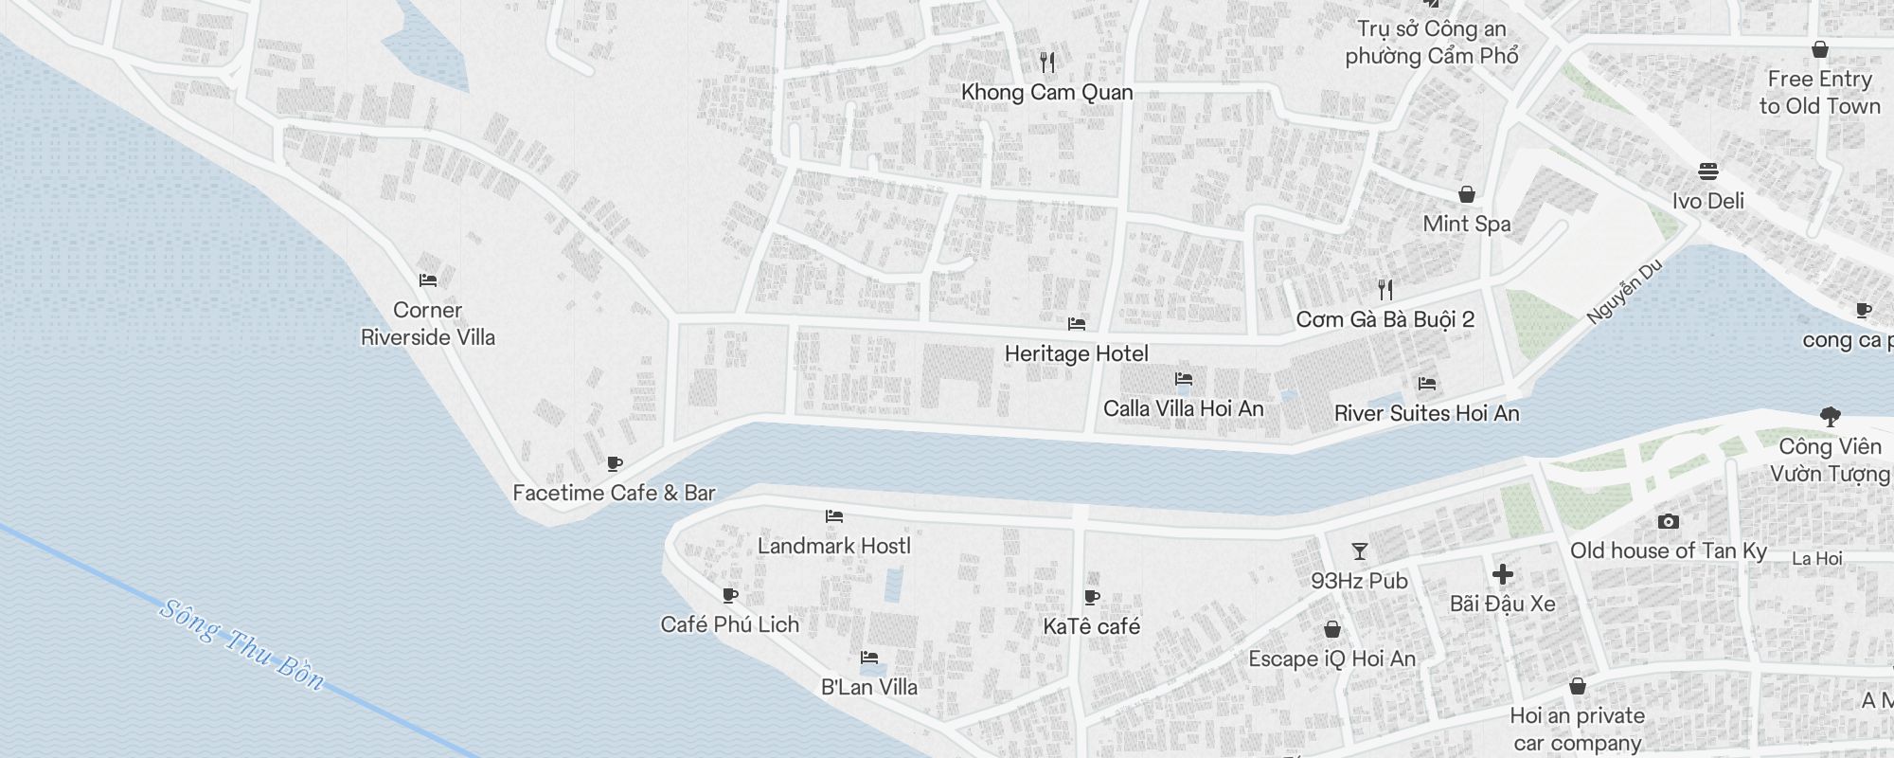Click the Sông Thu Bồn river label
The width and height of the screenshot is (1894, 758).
242,645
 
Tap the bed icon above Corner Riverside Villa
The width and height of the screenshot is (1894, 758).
428,280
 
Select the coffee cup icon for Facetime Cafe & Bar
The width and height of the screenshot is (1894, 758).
615,463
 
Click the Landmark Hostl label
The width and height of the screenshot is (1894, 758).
833,546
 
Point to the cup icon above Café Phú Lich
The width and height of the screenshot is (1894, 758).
729,595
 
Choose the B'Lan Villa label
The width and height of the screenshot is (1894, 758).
868,686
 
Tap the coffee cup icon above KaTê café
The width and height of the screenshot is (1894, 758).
1092,597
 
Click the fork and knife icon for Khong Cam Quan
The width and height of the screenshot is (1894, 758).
1046,63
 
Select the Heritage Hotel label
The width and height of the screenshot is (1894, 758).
1076,353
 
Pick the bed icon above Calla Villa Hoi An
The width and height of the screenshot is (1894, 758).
1183,379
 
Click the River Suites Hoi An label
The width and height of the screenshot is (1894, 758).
1426,413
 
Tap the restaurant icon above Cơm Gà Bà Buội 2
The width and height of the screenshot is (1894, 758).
1385,290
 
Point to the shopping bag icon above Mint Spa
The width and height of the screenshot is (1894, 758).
1466,194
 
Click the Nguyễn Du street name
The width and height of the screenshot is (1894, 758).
1625,291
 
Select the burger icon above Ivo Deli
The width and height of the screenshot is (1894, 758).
1708,171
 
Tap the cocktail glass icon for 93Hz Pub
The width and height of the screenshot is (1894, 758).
1360,551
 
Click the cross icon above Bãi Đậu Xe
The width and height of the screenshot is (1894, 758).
1502,574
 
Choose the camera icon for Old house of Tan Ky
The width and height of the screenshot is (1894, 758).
1668,521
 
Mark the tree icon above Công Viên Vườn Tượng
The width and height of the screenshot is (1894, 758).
1830,416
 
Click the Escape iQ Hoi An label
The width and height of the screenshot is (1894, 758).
1331,659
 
